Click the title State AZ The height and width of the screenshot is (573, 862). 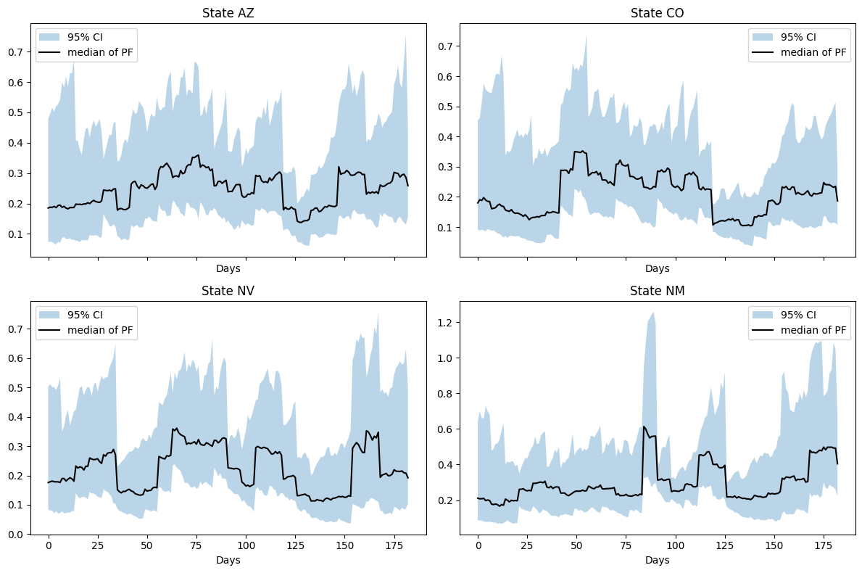(228, 13)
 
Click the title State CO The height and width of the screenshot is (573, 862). (657, 13)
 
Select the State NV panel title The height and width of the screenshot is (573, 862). (228, 291)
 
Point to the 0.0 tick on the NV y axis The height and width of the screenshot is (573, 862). (16, 535)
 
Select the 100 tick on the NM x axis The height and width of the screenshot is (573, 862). (676, 545)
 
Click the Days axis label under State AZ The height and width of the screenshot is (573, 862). (228, 268)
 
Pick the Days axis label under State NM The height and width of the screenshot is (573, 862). (657, 560)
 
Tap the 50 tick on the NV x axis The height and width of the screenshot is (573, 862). (147, 545)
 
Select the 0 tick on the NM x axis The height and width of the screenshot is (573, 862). (478, 545)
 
